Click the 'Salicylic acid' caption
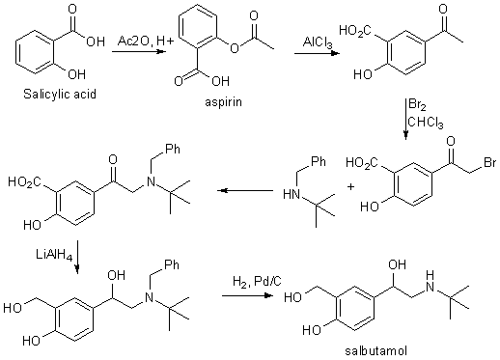click(60, 95)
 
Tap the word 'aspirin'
click(223, 102)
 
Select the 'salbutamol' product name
click(375, 350)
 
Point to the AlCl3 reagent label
click(318, 42)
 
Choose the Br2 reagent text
click(417, 105)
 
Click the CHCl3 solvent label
click(426, 123)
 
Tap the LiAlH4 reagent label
click(54, 256)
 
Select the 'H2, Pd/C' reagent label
click(257, 282)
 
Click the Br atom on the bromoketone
click(489, 162)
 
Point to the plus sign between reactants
click(350, 186)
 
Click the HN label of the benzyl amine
click(292, 195)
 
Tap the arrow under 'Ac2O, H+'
click(138, 51)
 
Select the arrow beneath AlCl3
click(317, 53)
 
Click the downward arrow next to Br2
click(405, 119)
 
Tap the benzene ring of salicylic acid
click(34, 51)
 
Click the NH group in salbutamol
click(430, 281)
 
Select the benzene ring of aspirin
click(197, 26)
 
